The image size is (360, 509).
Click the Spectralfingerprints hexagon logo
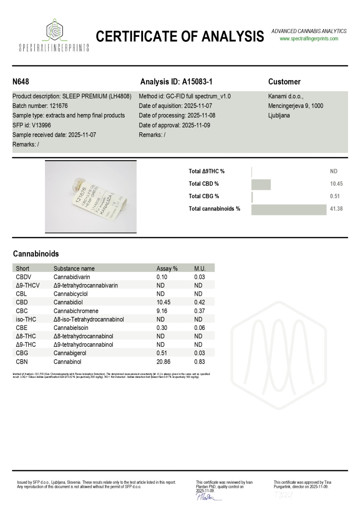(x=54, y=31)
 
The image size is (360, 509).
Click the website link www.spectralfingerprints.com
(x=309, y=39)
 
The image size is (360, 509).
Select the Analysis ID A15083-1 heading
(x=176, y=82)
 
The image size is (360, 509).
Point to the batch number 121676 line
(x=40, y=106)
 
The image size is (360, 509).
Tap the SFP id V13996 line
(x=32, y=125)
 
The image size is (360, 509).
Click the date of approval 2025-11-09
(x=174, y=125)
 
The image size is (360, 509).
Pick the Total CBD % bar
(x=261, y=184)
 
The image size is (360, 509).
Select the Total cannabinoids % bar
(x=289, y=209)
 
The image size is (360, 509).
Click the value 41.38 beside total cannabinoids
(x=336, y=209)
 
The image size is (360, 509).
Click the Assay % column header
(x=167, y=269)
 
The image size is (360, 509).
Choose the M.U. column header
(x=200, y=269)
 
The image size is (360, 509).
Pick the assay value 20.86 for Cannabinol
(x=163, y=362)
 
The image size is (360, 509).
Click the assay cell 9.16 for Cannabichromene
(x=162, y=311)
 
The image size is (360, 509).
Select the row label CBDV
(x=24, y=277)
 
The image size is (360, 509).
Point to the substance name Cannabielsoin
(x=71, y=328)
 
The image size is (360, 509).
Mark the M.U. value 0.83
(x=199, y=362)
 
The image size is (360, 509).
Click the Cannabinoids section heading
(x=36, y=254)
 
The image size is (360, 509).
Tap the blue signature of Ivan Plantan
(x=207, y=496)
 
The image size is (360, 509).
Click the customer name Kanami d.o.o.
(x=285, y=96)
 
